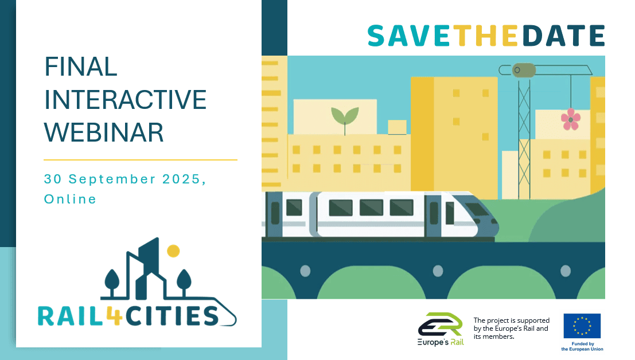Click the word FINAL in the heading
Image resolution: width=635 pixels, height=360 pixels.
pyautogui.click(x=81, y=66)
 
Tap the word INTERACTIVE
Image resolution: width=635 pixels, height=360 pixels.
pyautogui.click(x=126, y=100)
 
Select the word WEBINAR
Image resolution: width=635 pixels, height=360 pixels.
pyautogui.click(x=104, y=132)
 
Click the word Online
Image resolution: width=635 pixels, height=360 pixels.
pyautogui.click(x=71, y=199)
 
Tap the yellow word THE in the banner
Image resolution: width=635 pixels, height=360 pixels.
pyautogui.click(x=485, y=36)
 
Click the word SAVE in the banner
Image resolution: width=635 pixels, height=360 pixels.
pyautogui.click(x=410, y=36)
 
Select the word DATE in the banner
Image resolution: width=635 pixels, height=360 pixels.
pyautogui.click(x=564, y=36)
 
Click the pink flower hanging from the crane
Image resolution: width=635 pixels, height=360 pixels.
pyautogui.click(x=571, y=119)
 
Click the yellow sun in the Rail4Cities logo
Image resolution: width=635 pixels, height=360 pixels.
pyautogui.click(x=173, y=251)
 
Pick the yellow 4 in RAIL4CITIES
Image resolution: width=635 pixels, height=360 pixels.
pyautogui.click(x=115, y=315)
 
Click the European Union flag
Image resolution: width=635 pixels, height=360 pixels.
pyautogui.click(x=582, y=326)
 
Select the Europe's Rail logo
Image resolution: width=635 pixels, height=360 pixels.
pyautogui.click(x=441, y=329)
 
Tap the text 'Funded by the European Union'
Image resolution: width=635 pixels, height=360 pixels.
pyautogui.click(x=582, y=346)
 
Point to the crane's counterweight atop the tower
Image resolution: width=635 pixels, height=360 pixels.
pyautogui.click(x=524, y=70)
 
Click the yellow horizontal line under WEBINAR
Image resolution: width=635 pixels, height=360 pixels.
pyautogui.click(x=141, y=160)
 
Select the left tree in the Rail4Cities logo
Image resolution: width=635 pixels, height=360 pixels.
pyautogui.click(x=112, y=281)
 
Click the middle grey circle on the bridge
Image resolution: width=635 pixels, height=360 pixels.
pyautogui.click(x=438, y=271)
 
